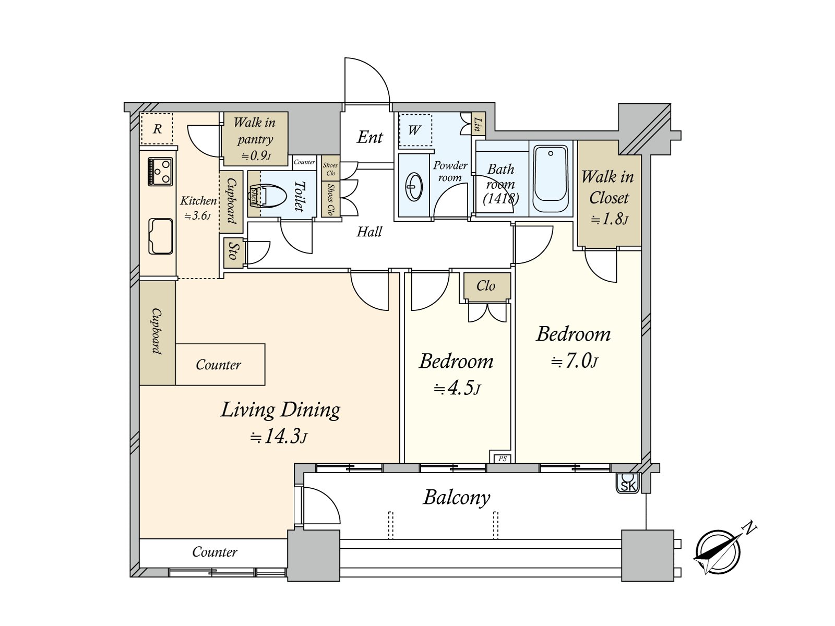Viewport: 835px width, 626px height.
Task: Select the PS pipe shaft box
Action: [502, 459]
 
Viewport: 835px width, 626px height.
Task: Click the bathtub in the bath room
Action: [551, 178]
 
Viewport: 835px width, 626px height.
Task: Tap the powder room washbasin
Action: [414, 187]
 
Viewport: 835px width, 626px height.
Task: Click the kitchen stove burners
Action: [160, 172]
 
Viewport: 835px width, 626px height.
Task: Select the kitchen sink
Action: [161, 236]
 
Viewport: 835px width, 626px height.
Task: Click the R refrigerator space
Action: [157, 128]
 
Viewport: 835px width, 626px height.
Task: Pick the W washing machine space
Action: [415, 130]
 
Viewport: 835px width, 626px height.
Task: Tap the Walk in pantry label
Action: [255, 130]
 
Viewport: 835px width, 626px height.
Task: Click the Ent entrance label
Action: [370, 137]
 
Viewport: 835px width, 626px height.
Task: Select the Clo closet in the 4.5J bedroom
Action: [487, 286]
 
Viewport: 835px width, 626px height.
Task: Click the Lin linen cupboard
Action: [479, 124]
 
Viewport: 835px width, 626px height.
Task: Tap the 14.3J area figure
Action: [278, 436]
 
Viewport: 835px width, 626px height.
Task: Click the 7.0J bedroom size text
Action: [574, 360]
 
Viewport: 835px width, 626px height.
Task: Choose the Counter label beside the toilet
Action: [304, 162]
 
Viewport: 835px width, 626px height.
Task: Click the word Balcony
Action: [457, 498]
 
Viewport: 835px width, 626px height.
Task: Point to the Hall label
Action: [369, 232]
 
